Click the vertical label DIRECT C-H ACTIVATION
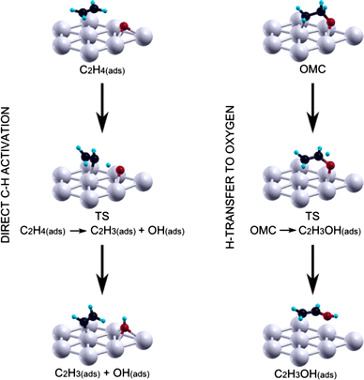tap(6, 175)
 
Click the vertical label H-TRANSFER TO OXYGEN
tap(230, 177)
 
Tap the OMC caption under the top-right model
tap(312, 69)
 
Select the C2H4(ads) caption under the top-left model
tap(102, 69)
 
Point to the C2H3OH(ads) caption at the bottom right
tap(306, 374)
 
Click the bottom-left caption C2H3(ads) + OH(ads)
tap(102, 372)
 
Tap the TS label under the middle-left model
tap(102, 216)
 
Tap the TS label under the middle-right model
tap(312, 216)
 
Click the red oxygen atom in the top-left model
tap(124, 25)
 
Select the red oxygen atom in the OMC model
tap(330, 22)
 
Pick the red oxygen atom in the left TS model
tap(120, 170)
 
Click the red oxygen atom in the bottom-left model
tap(125, 327)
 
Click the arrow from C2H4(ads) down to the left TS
tap(102, 107)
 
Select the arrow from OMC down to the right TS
tap(312, 107)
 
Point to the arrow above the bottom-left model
tap(102, 269)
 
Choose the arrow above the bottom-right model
tap(312, 269)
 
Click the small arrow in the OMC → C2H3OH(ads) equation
tap(287, 231)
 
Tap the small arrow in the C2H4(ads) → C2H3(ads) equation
tap(78, 231)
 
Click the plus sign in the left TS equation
tap(142, 231)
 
